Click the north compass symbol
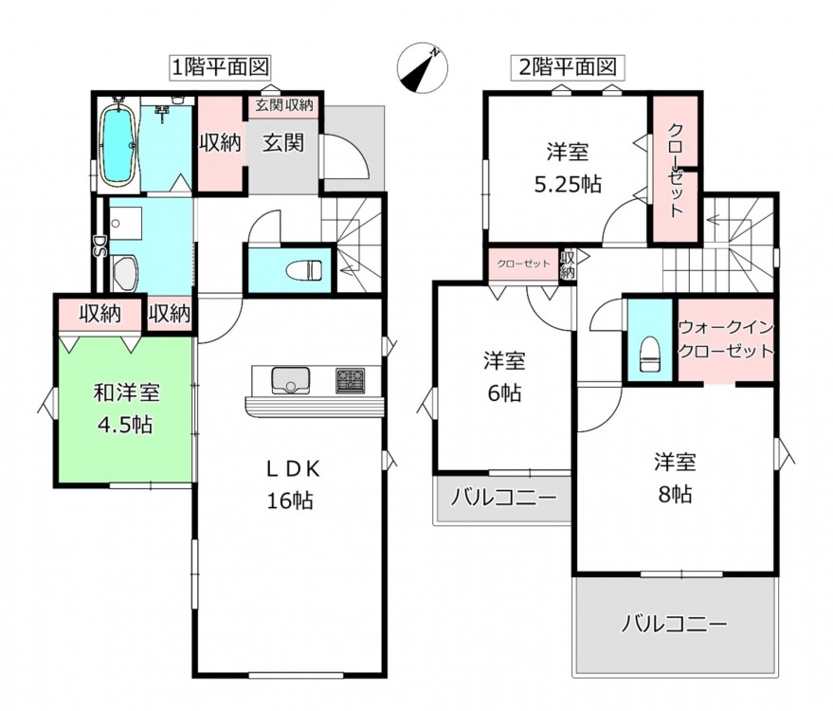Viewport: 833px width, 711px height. coord(423,68)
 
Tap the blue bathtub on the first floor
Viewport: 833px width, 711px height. coord(118,145)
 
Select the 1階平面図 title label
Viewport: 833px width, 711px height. coord(220,67)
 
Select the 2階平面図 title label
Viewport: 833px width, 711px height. coord(568,67)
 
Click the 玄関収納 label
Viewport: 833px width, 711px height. coord(284,105)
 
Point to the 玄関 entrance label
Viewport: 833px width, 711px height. coord(283,142)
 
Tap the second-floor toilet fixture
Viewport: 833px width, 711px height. coord(651,355)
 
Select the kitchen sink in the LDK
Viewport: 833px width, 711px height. coord(291,380)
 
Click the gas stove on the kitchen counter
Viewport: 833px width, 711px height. coord(350,380)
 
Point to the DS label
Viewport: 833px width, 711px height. coord(100,246)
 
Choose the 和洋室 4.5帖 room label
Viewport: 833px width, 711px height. coord(126,409)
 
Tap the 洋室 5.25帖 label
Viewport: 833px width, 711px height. coord(568,169)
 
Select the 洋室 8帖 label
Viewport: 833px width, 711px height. coord(676,478)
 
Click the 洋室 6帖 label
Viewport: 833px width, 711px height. coord(504,376)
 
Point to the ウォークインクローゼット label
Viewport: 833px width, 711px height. coord(726,339)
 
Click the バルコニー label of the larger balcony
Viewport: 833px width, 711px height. coord(674,624)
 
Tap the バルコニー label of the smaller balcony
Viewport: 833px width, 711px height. coord(503,498)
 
